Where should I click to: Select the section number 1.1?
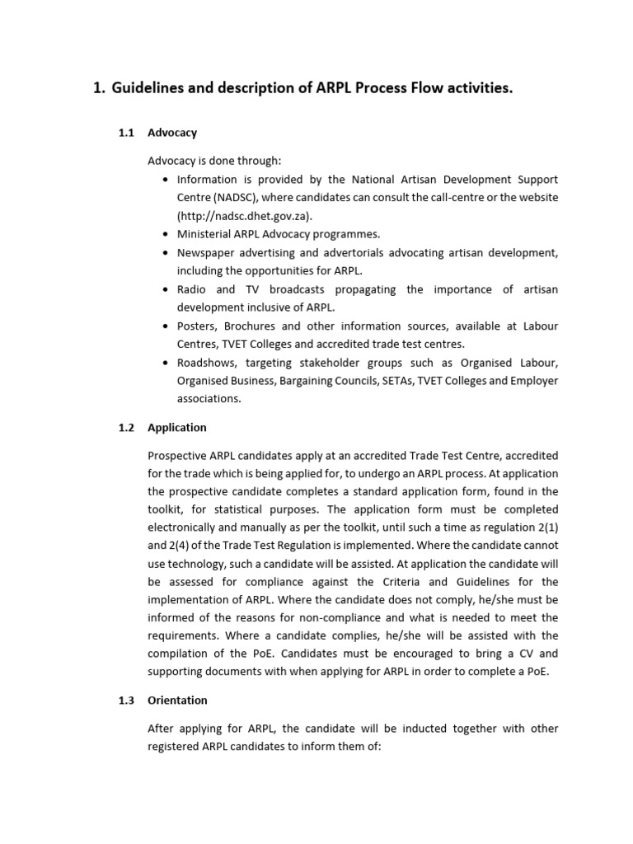coord(126,132)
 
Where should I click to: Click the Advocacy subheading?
coord(172,132)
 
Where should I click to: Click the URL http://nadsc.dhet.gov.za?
coord(243,216)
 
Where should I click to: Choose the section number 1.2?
coord(126,428)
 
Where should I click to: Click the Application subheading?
coord(177,428)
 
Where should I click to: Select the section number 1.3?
coord(126,701)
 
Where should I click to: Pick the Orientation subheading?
coord(177,701)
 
